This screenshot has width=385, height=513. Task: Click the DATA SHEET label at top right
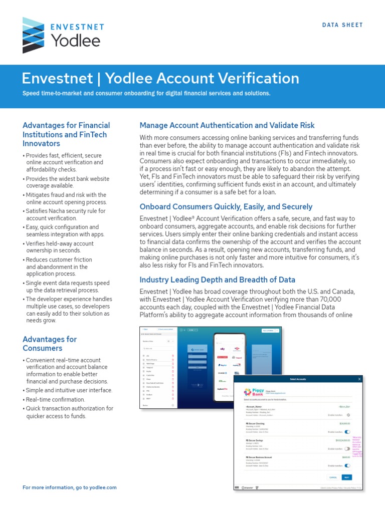coord(342,25)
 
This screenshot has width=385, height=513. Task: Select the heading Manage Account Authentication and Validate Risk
coord(227,125)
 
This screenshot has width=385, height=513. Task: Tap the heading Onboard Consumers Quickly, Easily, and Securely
coord(226,206)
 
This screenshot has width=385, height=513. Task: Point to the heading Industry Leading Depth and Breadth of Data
coord(217,280)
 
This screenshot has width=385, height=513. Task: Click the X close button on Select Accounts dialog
coord(359,379)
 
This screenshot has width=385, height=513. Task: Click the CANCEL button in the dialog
coord(332,477)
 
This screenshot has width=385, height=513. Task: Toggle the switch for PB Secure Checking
coord(347,431)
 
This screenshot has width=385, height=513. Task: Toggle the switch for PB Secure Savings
coord(347,449)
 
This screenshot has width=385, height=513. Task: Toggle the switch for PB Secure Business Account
coord(347,466)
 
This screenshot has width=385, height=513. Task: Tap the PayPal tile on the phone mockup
coord(223,365)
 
